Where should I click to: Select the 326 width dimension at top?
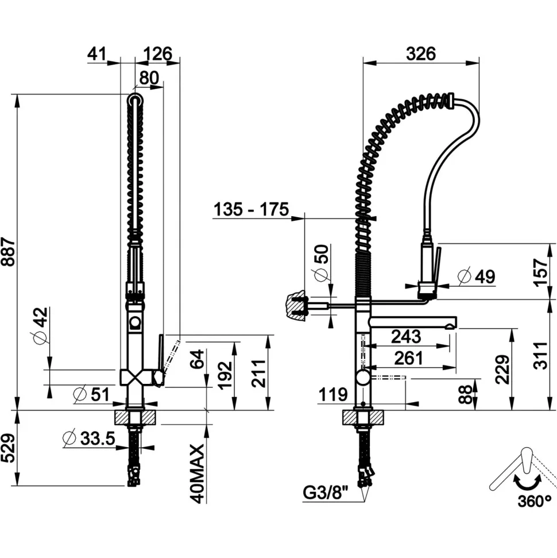click(x=421, y=54)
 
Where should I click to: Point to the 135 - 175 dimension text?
click(x=251, y=209)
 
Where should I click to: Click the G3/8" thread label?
click(x=325, y=493)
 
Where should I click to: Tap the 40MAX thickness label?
click(x=198, y=474)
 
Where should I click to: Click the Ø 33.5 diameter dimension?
click(x=88, y=438)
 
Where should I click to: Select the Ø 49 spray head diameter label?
click(x=477, y=276)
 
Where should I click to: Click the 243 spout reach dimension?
click(x=406, y=336)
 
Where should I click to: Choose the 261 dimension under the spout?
click(x=409, y=358)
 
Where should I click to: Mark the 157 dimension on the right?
click(x=541, y=272)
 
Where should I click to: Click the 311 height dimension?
click(x=541, y=355)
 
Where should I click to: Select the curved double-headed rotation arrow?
click(x=528, y=483)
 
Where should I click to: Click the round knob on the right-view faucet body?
click(x=363, y=377)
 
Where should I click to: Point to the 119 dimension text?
click(x=332, y=394)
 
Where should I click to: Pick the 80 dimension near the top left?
click(x=149, y=78)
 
